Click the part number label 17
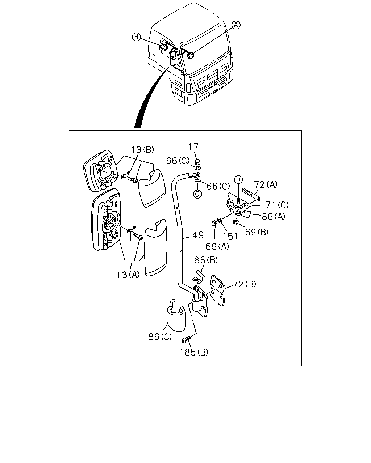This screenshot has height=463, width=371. click(193, 146)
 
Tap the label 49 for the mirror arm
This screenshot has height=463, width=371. click(198, 235)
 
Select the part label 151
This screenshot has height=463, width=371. click(230, 237)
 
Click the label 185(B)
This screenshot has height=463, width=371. click(194, 352)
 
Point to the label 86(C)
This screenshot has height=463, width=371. click(160, 337)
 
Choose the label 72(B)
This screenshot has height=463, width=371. click(245, 284)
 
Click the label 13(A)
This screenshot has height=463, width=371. click(128, 275)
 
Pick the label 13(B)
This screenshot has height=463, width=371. click(143, 149)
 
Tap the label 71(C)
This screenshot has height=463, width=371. click(277, 205)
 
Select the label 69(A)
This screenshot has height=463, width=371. click(217, 247)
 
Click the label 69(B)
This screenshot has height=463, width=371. click(257, 232)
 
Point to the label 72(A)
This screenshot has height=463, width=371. click(266, 184)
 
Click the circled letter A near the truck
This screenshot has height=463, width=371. click(236, 25)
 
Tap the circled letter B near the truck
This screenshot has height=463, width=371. click(136, 37)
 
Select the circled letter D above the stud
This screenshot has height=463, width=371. click(238, 179)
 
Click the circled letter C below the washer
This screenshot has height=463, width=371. click(197, 194)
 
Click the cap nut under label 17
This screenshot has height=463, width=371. click(197, 162)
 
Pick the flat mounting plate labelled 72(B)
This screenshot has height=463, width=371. click(218, 290)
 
